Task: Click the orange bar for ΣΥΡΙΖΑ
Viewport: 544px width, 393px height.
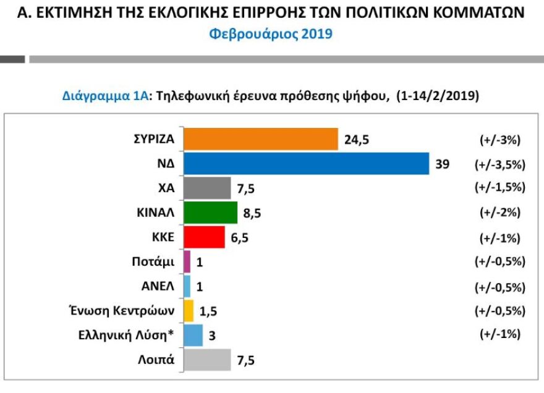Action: click(261, 139)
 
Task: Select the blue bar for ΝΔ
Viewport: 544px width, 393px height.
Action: click(307, 164)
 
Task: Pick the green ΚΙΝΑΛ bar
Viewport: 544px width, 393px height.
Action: click(211, 212)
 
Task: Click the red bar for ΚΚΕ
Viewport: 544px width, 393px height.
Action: click(205, 237)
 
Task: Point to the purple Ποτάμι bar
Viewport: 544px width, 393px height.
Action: click(187, 261)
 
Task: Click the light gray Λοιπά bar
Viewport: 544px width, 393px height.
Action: click(207, 359)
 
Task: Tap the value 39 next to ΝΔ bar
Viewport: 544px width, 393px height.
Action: click(443, 164)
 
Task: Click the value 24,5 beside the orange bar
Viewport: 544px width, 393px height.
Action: click(357, 140)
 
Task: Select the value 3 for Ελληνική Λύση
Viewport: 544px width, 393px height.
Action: click(212, 335)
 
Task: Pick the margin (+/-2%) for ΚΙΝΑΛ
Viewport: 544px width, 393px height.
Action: click(499, 213)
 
